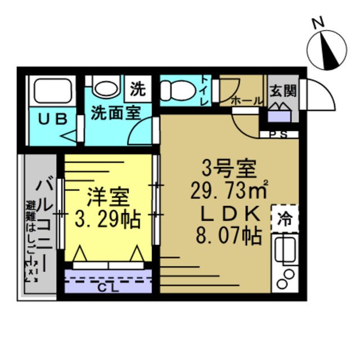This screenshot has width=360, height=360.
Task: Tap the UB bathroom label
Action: (x=53, y=119)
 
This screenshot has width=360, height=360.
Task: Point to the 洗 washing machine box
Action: (x=137, y=88)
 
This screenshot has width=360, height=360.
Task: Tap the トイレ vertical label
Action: (x=204, y=91)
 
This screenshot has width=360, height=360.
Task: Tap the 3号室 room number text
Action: (x=229, y=168)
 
